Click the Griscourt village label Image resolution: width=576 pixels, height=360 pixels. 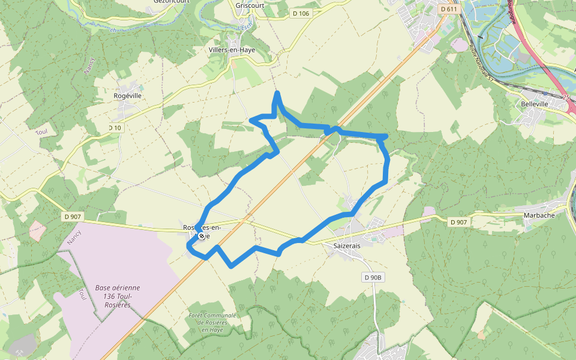tap(251, 5)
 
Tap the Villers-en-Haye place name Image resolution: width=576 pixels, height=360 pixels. tap(232, 50)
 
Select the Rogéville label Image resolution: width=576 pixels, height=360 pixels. tap(128, 95)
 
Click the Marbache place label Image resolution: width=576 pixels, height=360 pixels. tap(539, 214)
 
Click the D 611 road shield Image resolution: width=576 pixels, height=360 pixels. tap(448, 9)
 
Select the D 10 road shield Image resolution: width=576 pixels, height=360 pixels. tap(115, 128)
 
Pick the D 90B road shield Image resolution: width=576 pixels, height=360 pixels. tap(373, 277)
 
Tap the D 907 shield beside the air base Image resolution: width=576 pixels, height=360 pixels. tap(71, 217)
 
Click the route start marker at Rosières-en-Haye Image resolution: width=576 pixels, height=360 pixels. tap(201, 236)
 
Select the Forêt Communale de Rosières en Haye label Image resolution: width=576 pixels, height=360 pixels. tap(212, 323)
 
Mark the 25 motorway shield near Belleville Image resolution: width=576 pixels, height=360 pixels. tap(565, 96)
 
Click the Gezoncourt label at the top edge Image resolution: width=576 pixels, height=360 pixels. tap(171, 2)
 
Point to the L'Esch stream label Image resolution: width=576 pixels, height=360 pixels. tap(244, 27)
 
